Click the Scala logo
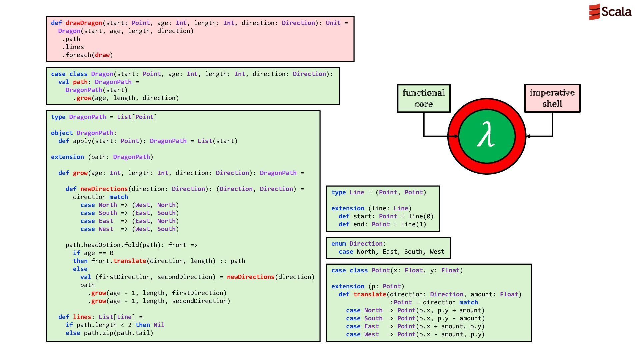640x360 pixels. pyautogui.click(x=610, y=12)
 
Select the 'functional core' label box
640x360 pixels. pyautogui.click(x=424, y=98)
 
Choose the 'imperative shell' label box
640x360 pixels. pyautogui.click(x=552, y=98)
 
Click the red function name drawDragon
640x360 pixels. pyautogui.click(x=84, y=23)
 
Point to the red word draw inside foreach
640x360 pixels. pyautogui.click(x=102, y=55)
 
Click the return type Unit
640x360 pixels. pyautogui.click(x=333, y=23)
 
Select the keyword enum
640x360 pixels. pyautogui.click(x=339, y=244)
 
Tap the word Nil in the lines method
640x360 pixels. pyautogui.click(x=159, y=325)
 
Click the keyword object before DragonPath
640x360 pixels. pyautogui.click(x=62, y=133)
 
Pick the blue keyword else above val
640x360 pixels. pyautogui.click(x=80, y=269)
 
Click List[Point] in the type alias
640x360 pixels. pyautogui.click(x=137, y=117)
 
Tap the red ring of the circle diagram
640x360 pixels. pyautogui.click(x=487, y=104)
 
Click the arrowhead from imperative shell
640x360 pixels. pyautogui.click(x=528, y=136)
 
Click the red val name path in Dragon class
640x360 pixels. pyautogui.click(x=80, y=82)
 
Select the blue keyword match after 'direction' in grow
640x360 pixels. pyautogui.click(x=119, y=197)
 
